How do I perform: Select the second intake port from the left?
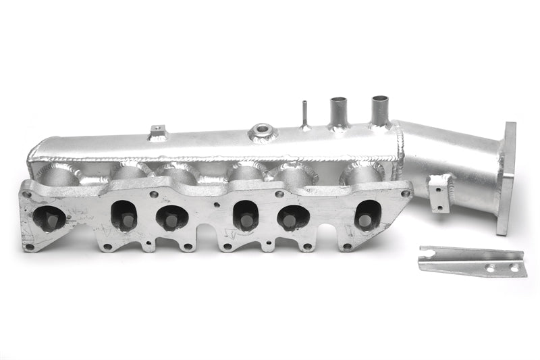pos(124,215)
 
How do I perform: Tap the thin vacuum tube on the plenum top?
pos(304,114)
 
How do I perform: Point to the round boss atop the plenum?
pos(262,132)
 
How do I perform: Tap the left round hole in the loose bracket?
pos(491,268)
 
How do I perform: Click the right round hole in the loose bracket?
pos(514,268)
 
